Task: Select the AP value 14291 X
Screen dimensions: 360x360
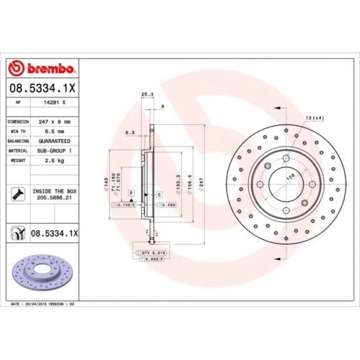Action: [x=55, y=102]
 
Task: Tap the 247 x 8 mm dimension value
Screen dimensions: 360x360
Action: [x=55, y=122]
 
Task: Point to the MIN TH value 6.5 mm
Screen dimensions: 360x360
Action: [x=55, y=131]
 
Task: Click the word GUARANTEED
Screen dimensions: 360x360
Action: [x=55, y=140]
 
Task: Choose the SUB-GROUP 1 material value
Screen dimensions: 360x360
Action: [x=55, y=150]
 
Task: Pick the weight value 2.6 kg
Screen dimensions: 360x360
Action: [x=55, y=160]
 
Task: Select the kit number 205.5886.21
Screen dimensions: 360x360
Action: [x=55, y=196]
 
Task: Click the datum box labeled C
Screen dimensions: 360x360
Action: [x=159, y=194]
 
